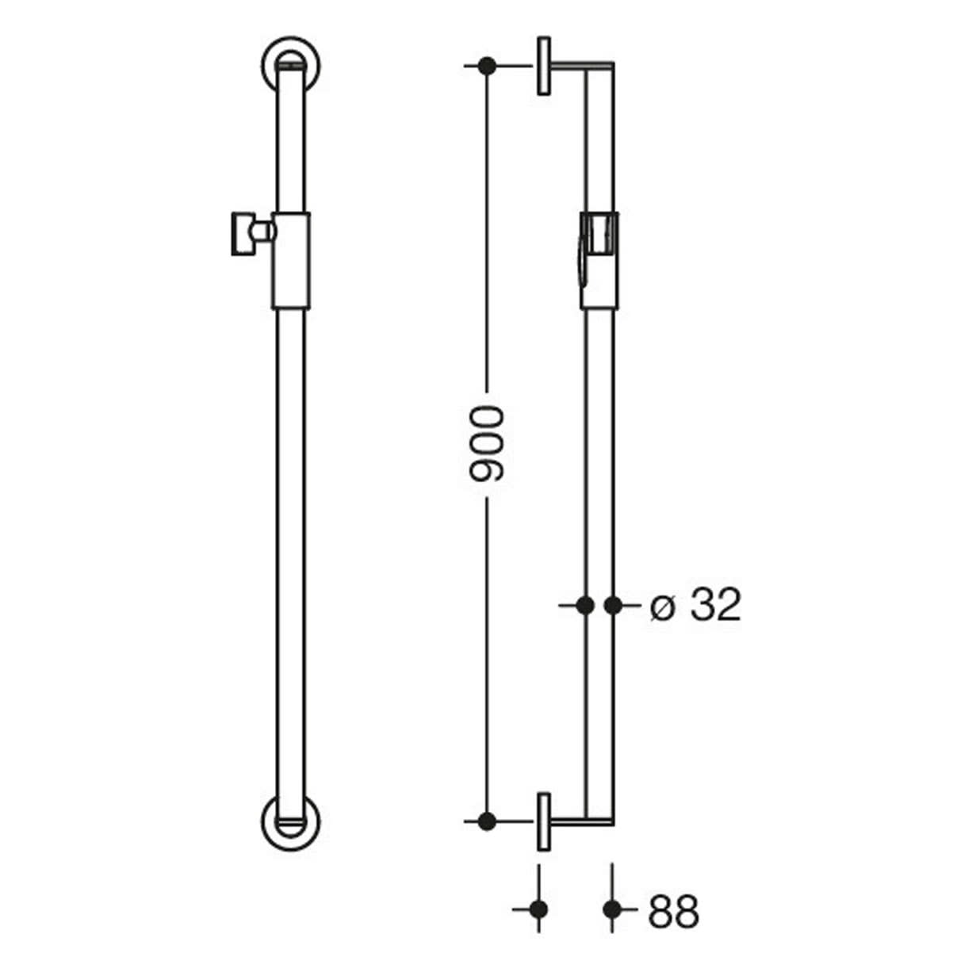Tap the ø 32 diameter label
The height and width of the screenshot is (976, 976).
695,605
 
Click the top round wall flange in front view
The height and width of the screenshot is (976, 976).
291,65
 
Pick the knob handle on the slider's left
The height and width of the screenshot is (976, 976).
243,233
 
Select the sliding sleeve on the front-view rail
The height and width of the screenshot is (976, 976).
291,260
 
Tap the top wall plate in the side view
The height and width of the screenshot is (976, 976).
544,65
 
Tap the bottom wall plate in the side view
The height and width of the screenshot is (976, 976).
544,821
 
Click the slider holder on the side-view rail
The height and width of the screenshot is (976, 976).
599,260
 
